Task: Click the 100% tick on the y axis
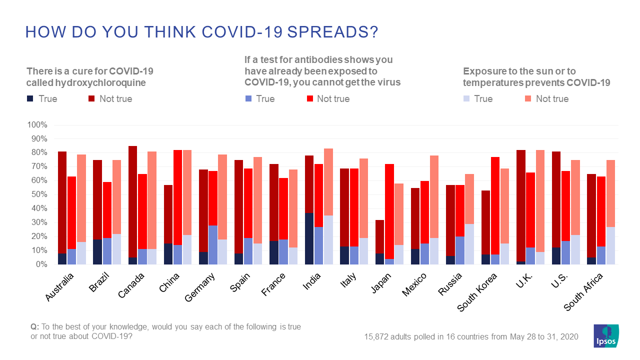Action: pyautogui.click(x=36, y=124)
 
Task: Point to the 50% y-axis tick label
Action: pyautogui.click(x=38, y=194)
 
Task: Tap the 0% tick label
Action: pyautogui.click(x=40, y=264)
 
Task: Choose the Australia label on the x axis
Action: pyautogui.click(x=60, y=287)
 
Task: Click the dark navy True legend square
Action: pyautogui.click(x=30, y=98)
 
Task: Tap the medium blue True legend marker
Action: pyautogui.click(x=248, y=98)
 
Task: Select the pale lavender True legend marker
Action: pyautogui.click(x=466, y=98)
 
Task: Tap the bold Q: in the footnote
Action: pyautogui.click(x=34, y=326)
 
